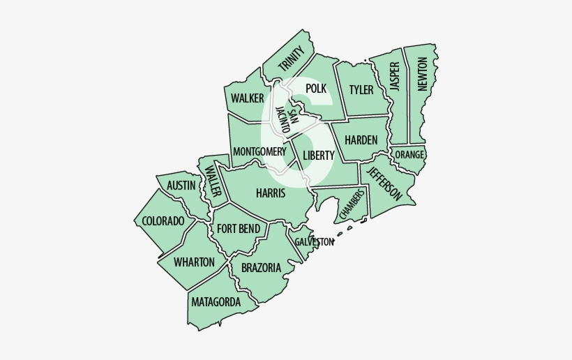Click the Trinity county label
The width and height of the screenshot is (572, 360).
pos(292,59)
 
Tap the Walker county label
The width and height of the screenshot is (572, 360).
pos(248,98)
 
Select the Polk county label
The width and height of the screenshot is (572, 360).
pos(316,88)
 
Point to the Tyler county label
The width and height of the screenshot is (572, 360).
pos(361,90)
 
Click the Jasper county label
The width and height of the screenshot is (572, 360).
pos(395,77)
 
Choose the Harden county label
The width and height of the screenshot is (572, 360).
pos(361,140)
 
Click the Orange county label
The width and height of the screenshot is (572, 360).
pos(409,154)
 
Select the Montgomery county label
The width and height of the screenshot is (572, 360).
pos(259,151)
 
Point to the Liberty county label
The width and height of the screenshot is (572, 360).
pos(319,155)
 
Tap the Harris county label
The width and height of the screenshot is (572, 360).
pos(270,193)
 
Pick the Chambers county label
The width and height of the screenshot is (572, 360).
pos(352,203)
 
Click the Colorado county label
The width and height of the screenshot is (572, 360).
pos(163,221)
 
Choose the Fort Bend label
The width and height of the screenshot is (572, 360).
pos(239,229)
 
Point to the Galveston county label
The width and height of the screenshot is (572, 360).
pos(314,241)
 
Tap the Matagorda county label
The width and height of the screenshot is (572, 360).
pos(216,302)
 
